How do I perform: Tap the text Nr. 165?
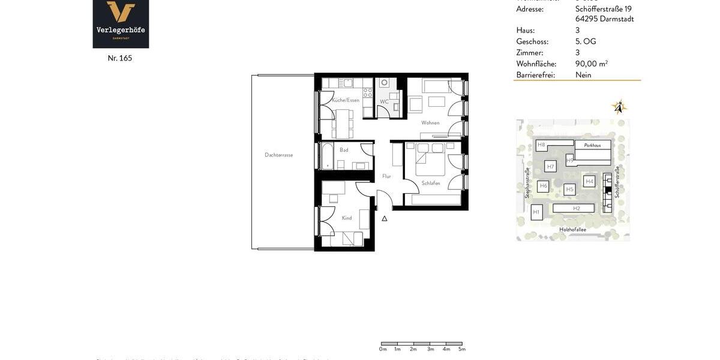(x=120, y=58)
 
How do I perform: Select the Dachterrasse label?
(x=278, y=155)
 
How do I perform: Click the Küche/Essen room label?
(x=346, y=100)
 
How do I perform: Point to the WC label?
(x=384, y=102)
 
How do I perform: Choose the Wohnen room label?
(x=430, y=123)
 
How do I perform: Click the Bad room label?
(x=344, y=150)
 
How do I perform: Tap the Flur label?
(x=386, y=176)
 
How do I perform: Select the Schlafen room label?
(x=431, y=184)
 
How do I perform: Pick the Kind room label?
(x=347, y=218)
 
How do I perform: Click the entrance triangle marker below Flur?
(x=385, y=218)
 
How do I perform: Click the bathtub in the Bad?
(x=327, y=157)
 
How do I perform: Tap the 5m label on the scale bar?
(x=462, y=349)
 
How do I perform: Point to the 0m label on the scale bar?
(x=383, y=349)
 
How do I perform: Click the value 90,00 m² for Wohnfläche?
(x=591, y=64)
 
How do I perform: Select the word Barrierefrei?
(x=535, y=75)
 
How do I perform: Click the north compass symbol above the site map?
(x=619, y=107)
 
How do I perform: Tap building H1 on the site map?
(x=536, y=212)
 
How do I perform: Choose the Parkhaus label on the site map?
(x=592, y=145)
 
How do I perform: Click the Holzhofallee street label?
(x=572, y=229)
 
